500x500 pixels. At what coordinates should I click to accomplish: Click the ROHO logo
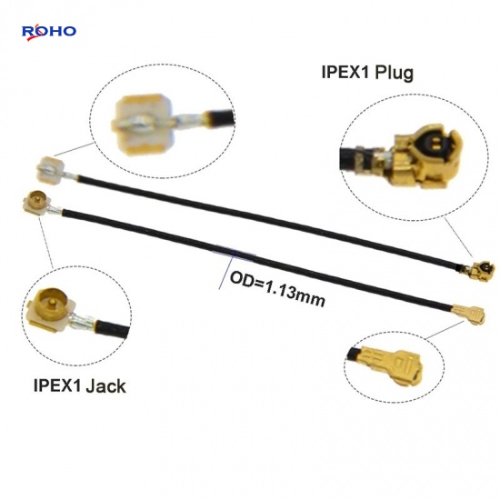pos(49,33)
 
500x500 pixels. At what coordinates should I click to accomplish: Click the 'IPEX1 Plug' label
pos(367,73)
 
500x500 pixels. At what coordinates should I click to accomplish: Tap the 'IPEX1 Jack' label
pos(80,385)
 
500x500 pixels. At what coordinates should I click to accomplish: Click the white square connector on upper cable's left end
pos(50,169)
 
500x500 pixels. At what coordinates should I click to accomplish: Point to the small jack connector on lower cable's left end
pos(37,203)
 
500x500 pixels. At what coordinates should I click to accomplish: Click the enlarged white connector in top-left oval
pos(144,124)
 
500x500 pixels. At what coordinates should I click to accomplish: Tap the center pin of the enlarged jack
pos(51,302)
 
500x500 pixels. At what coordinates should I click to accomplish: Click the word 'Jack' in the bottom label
pos(105,385)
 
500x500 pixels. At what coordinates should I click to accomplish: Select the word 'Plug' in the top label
pos(395,73)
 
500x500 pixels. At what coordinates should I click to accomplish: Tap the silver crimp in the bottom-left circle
pos(84,321)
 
